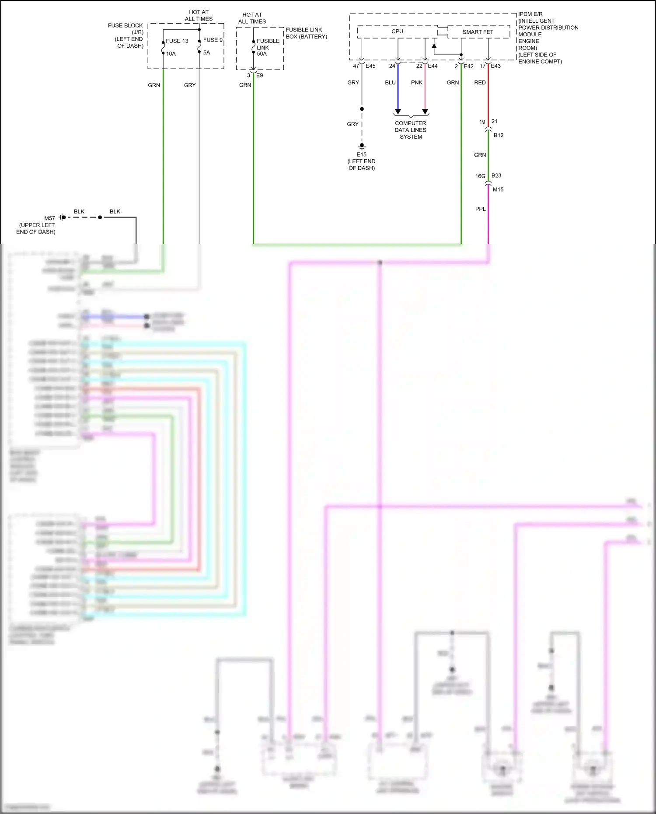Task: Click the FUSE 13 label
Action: [177, 41]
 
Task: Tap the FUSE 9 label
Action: [213, 40]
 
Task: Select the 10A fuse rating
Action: [171, 54]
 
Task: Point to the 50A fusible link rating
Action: [262, 54]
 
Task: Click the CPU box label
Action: [397, 31]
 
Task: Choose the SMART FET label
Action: [478, 32]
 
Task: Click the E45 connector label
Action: [370, 66]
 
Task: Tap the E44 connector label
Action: [433, 66]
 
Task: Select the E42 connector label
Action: [468, 66]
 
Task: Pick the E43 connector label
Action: [495, 66]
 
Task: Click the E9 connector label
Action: [259, 75]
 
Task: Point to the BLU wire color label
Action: [390, 83]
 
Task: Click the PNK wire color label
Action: [416, 83]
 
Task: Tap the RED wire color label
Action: [480, 83]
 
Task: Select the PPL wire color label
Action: [480, 209]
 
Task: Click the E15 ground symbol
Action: [362, 147]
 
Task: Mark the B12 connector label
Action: [498, 136]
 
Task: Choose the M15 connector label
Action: [498, 190]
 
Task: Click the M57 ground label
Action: [49, 218]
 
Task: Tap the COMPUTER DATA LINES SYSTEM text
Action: [410, 130]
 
